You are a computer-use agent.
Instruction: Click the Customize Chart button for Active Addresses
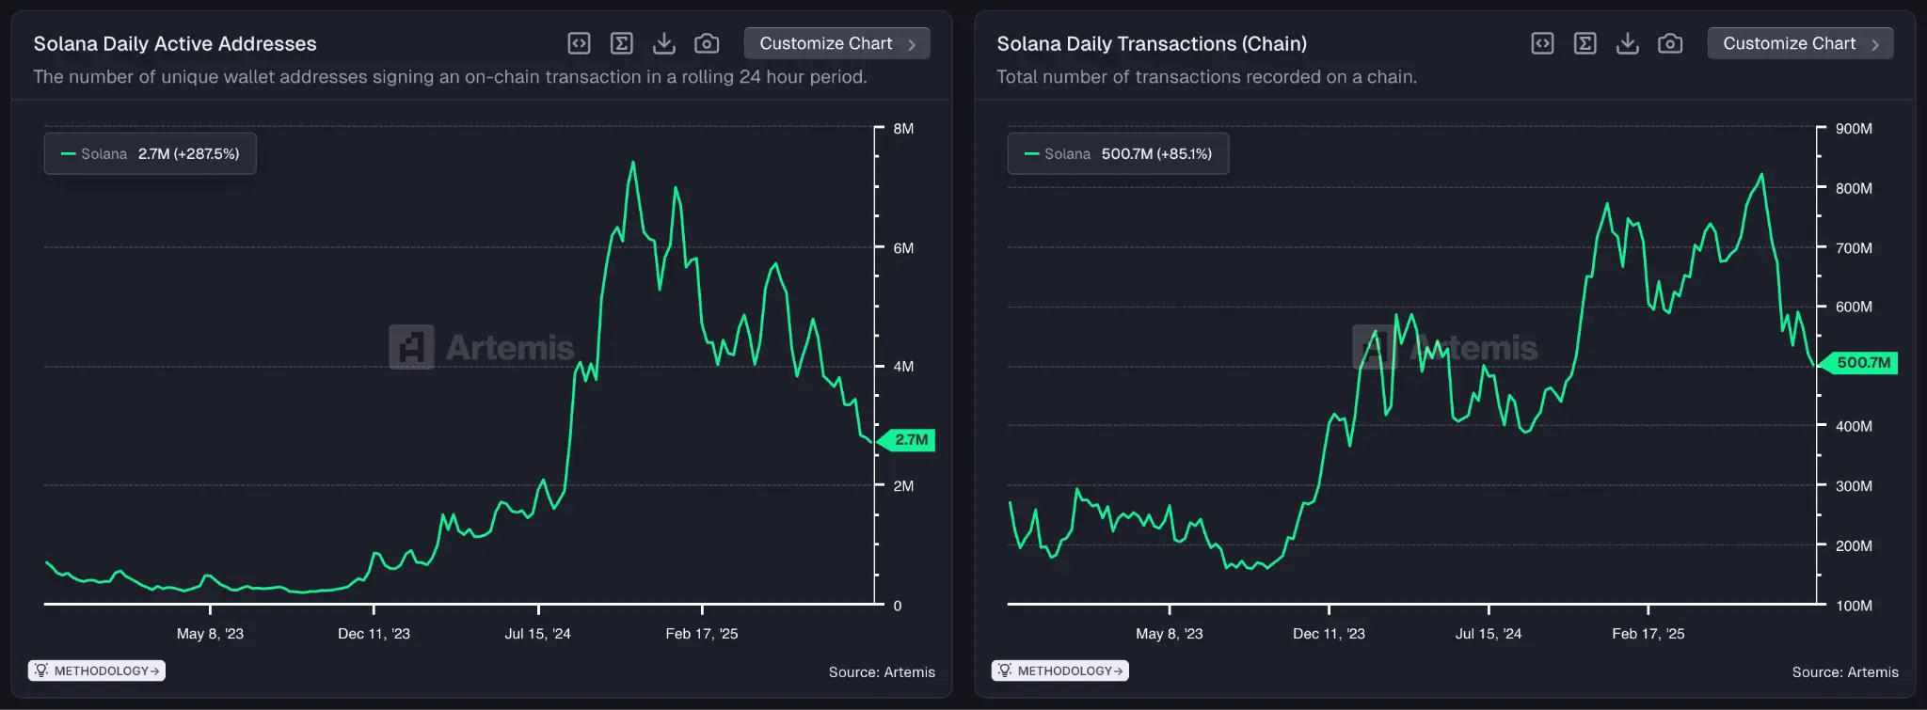[836, 43]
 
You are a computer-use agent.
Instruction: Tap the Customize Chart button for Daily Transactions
[1799, 43]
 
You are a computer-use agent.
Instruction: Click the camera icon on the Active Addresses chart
[707, 43]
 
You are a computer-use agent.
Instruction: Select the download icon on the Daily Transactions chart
[1627, 43]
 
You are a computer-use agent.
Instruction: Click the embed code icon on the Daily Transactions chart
[1542, 43]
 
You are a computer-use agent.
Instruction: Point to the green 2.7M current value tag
[910, 439]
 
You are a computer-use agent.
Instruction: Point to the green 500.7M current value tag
[1862, 363]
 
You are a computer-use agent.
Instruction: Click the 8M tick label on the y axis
[903, 129]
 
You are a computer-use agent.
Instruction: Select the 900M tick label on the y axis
[1854, 129]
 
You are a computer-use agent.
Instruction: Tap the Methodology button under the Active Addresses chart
[97, 671]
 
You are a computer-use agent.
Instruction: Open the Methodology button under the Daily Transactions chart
[1060, 671]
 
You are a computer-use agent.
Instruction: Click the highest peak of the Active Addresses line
[632, 163]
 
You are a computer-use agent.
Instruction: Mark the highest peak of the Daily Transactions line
[1761, 175]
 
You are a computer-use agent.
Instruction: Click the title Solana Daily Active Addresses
[175, 43]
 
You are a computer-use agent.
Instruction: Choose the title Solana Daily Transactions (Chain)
[1152, 43]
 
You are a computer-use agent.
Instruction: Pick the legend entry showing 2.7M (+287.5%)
[151, 153]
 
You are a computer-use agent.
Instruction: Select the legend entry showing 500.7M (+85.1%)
[1118, 153]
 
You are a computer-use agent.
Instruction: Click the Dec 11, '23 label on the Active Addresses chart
[374, 634]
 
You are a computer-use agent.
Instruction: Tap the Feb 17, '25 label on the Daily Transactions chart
[1648, 634]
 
